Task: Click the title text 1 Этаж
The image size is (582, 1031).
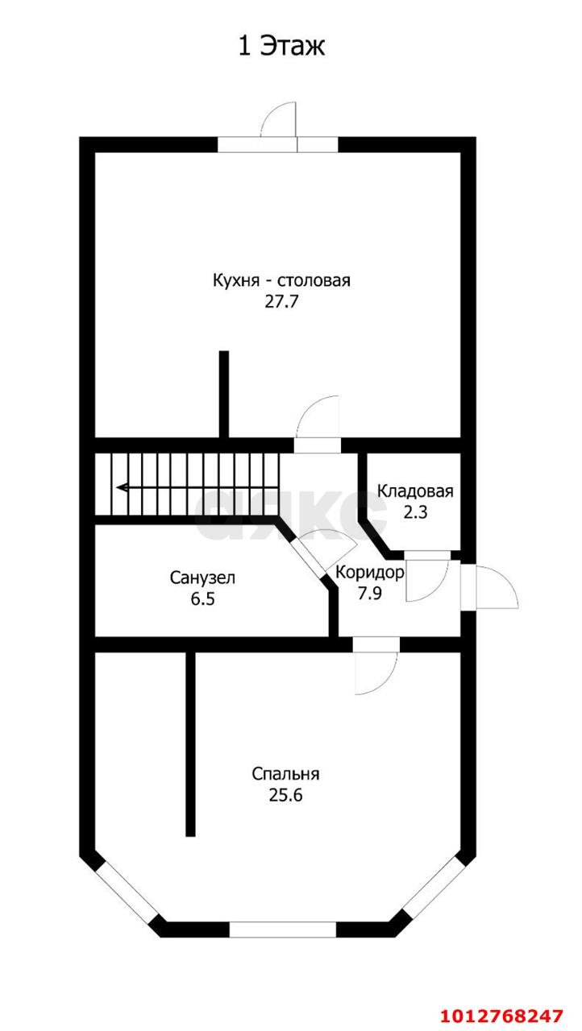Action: click(281, 47)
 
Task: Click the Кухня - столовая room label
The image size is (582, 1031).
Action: click(281, 281)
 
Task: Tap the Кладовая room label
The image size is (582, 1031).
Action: click(415, 491)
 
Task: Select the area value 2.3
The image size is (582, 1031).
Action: click(415, 511)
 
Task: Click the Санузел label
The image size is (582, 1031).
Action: click(202, 578)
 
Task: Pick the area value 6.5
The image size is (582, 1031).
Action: click(202, 598)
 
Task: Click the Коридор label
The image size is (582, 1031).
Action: click(369, 573)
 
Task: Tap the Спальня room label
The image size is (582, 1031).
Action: click(285, 774)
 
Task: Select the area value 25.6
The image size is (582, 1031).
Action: click(285, 795)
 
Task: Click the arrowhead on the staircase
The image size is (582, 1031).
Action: click(121, 487)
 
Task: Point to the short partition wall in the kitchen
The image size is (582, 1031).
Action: click(224, 395)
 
